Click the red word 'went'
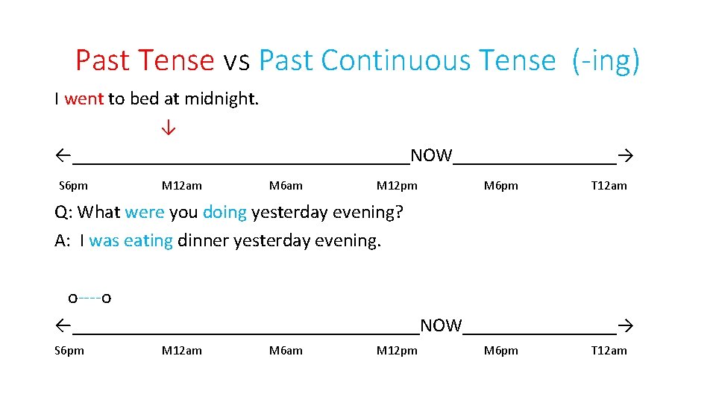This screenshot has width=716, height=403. point(84,99)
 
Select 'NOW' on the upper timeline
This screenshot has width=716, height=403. point(431,156)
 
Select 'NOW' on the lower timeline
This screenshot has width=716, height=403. point(441,326)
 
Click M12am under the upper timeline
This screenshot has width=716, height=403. point(181,186)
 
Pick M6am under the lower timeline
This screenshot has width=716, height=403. point(286,351)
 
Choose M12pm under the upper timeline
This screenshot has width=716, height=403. point(397,186)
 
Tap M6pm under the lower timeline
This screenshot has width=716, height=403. point(500,351)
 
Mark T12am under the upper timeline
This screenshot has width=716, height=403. point(609,186)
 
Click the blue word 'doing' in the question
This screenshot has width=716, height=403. point(224,213)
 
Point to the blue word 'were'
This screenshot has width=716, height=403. point(145,213)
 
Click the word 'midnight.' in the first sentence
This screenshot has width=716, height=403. point(222,99)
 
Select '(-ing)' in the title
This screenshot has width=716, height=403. point(606,61)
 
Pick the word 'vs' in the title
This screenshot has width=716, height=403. point(236,61)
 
